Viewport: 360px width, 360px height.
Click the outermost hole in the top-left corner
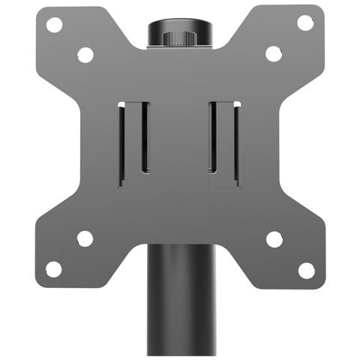click(x=54, y=24)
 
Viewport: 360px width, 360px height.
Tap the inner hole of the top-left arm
click(x=85, y=55)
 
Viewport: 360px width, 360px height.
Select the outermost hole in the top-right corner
click(x=305, y=22)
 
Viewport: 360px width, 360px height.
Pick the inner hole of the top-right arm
click(x=274, y=54)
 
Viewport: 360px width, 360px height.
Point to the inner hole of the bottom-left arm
click(x=85, y=238)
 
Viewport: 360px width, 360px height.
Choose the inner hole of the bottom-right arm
click(x=274, y=238)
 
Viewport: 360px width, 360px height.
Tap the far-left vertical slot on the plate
click(x=121, y=142)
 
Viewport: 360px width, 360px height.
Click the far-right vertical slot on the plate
click(x=236, y=142)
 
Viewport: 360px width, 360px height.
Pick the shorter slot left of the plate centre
click(x=145, y=139)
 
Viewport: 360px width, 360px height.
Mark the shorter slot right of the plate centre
click(x=213, y=139)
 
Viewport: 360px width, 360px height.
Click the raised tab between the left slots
click(x=133, y=142)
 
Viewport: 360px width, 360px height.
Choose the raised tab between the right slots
click(x=225, y=142)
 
